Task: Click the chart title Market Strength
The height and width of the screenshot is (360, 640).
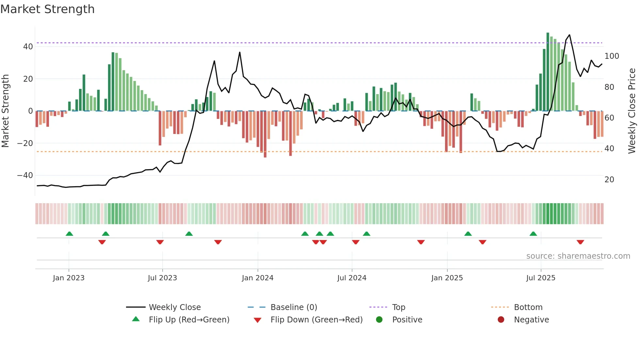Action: [47, 9]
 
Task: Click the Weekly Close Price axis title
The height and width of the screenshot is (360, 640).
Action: [632, 111]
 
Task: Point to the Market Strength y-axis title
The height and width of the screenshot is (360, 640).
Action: [5, 111]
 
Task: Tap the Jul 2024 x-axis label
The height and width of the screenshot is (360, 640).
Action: [352, 278]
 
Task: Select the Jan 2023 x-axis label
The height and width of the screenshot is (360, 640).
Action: [69, 278]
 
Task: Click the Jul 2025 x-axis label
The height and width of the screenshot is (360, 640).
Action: [541, 278]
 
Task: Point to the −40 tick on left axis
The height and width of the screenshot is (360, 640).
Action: [25, 175]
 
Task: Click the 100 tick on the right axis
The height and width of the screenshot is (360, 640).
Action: [612, 56]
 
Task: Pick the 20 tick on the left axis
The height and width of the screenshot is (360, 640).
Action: [28, 79]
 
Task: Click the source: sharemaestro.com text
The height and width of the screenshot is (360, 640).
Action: [578, 256]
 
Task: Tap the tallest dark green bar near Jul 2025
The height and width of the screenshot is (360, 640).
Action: [548, 72]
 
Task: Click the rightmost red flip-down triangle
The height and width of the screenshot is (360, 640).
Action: [580, 242]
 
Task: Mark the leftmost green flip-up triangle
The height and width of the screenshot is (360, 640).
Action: [69, 234]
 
